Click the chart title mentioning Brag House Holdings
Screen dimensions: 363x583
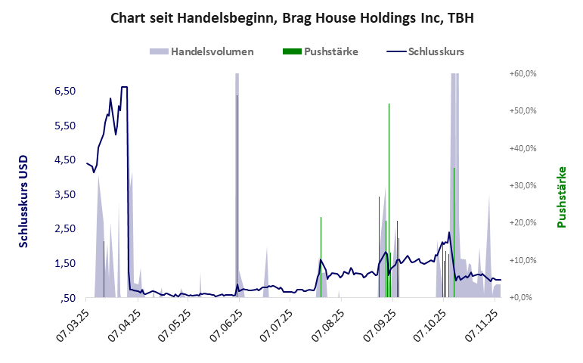(291, 17)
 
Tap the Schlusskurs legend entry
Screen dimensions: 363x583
(436, 52)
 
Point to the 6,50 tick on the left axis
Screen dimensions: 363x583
(65, 91)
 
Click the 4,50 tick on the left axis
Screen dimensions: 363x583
(65, 160)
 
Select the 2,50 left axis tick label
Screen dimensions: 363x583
(65, 228)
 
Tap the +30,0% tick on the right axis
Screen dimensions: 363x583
(523, 185)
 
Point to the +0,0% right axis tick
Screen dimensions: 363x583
(524, 297)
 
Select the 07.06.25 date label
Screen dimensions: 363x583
(225, 324)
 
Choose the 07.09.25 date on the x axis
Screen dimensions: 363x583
(380, 324)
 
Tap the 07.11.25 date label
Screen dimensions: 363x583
(485, 324)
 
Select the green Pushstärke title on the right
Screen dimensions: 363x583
(561, 197)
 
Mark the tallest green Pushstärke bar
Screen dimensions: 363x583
(389, 197)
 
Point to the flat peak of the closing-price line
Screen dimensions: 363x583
(124, 87)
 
